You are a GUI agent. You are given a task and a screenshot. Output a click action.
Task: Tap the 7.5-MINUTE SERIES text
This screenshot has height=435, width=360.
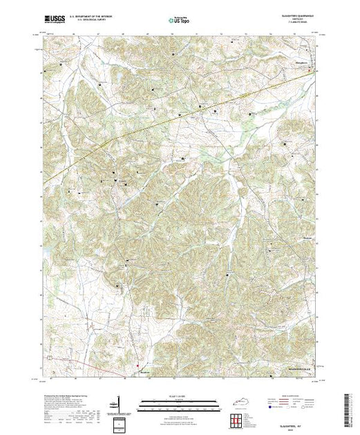click(297, 25)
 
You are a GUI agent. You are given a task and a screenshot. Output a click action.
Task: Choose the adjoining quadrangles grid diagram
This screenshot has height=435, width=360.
click(236, 420)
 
